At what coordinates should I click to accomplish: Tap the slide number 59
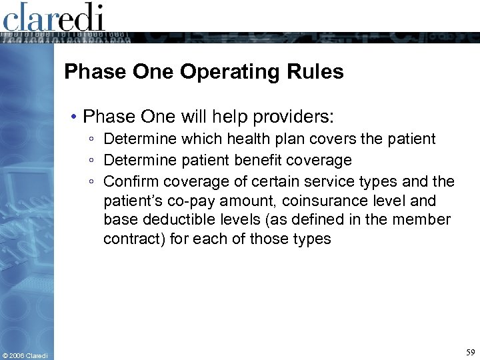[471, 351]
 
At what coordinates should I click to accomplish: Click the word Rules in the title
[319, 71]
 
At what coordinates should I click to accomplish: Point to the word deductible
[173, 219]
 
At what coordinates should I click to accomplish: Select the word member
[424, 219]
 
